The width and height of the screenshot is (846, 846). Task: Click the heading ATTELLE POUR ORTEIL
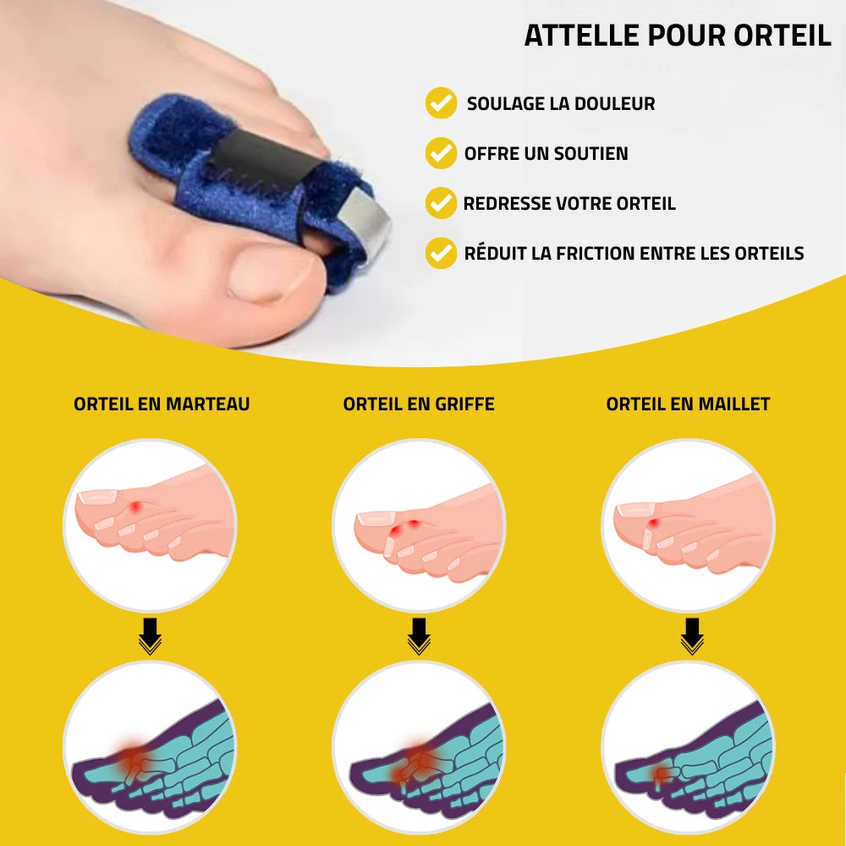click(677, 36)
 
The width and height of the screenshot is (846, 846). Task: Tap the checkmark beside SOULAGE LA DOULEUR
click(441, 102)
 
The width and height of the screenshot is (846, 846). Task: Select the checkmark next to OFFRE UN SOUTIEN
click(441, 152)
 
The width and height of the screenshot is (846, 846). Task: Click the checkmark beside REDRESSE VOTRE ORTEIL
click(441, 203)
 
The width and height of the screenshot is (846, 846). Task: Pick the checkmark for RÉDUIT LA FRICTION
click(441, 253)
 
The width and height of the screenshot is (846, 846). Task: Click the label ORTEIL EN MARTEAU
click(162, 404)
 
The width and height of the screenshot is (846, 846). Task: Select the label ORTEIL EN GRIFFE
click(419, 404)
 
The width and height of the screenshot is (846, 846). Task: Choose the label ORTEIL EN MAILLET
click(688, 404)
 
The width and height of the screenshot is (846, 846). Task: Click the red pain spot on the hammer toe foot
click(136, 507)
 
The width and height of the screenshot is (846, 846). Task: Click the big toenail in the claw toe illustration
click(376, 519)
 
